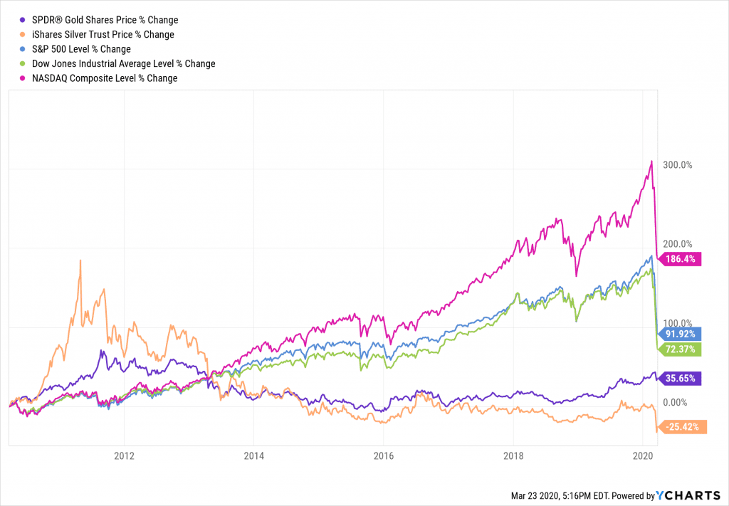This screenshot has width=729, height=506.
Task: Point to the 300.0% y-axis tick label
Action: pos(678,165)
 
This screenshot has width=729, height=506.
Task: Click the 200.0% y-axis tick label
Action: pos(678,243)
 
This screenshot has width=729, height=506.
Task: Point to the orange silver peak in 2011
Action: pos(80,260)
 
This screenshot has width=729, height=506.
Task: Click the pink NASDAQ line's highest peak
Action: pos(651,162)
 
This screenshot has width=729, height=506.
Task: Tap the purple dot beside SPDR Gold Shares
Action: pos(23,20)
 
